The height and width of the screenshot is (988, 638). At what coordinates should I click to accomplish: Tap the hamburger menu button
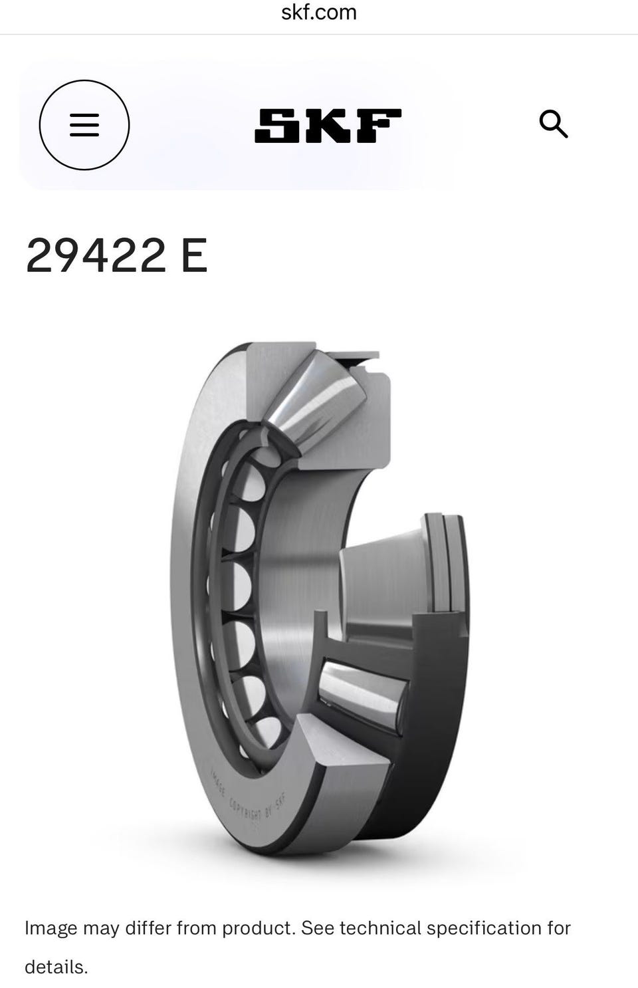click(84, 125)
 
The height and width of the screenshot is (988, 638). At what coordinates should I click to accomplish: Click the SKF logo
click(328, 126)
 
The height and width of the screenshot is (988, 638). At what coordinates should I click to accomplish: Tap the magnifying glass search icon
click(554, 124)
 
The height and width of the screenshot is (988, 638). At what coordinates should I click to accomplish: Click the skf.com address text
click(319, 13)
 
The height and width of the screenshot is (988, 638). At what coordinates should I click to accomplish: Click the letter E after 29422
click(194, 255)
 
